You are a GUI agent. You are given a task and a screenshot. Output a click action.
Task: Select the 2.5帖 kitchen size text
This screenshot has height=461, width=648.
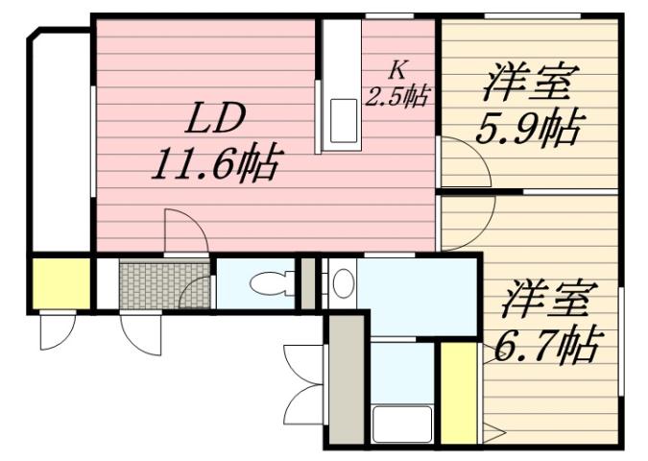pos(396,96)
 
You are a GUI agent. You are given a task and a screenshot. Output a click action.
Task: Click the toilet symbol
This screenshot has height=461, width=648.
pos(268,283)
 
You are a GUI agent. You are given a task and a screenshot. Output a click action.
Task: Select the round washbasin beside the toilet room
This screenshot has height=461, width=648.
pos(343,282)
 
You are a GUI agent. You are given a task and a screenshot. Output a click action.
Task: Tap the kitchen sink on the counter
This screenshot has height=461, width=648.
pos(343,120)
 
